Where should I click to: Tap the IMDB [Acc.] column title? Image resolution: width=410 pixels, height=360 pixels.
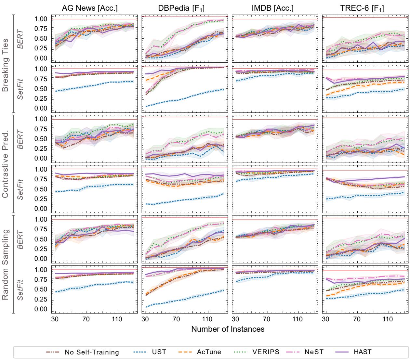coord(272,9)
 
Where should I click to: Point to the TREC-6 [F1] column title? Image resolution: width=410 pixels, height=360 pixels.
coord(362,9)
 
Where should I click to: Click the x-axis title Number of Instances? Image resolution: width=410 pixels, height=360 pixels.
coord(228,329)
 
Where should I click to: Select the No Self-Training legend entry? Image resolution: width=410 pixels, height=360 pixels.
coord(83,352)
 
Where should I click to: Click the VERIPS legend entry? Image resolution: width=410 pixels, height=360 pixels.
coord(256,352)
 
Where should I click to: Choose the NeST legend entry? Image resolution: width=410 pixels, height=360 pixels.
coord(310,352)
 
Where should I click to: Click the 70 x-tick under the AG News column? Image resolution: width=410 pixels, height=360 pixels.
coord(86,319)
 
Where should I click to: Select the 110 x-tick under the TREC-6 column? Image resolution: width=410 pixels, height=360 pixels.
coord(387,319)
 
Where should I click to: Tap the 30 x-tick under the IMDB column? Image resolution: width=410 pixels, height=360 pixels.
coord(236,319)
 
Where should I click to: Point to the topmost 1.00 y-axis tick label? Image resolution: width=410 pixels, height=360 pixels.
coord(41,19)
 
